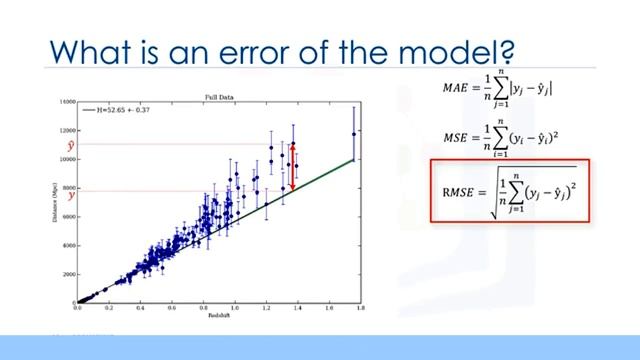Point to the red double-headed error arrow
pyautogui.click(x=292, y=166)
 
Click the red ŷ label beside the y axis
pyautogui.click(x=71, y=146)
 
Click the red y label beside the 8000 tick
pyautogui.click(x=71, y=195)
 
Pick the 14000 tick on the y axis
pyautogui.click(x=68, y=102)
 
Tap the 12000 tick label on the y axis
pyautogui.click(x=68, y=131)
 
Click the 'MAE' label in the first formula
pyautogui.click(x=454, y=88)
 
